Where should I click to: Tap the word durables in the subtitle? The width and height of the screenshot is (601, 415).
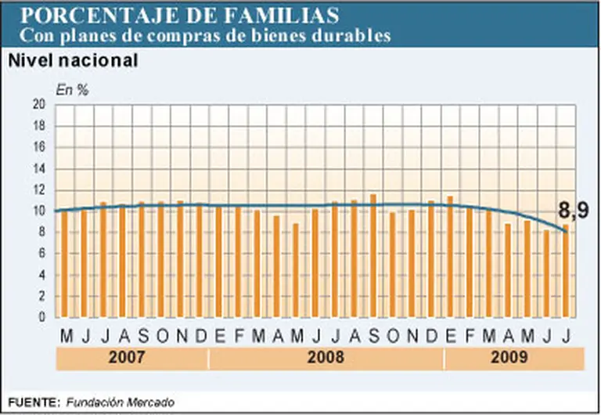(348, 35)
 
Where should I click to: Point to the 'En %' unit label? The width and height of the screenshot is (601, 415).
(72, 89)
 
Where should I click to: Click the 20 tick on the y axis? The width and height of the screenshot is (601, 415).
(39, 105)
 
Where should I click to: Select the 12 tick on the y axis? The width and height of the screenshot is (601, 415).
(39, 190)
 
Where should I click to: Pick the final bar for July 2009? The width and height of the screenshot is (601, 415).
(566, 271)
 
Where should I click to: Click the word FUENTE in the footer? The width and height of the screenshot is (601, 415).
(33, 402)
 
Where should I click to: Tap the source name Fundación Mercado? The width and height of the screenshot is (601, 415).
(120, 402)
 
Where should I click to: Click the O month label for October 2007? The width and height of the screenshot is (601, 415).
(161, 336)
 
